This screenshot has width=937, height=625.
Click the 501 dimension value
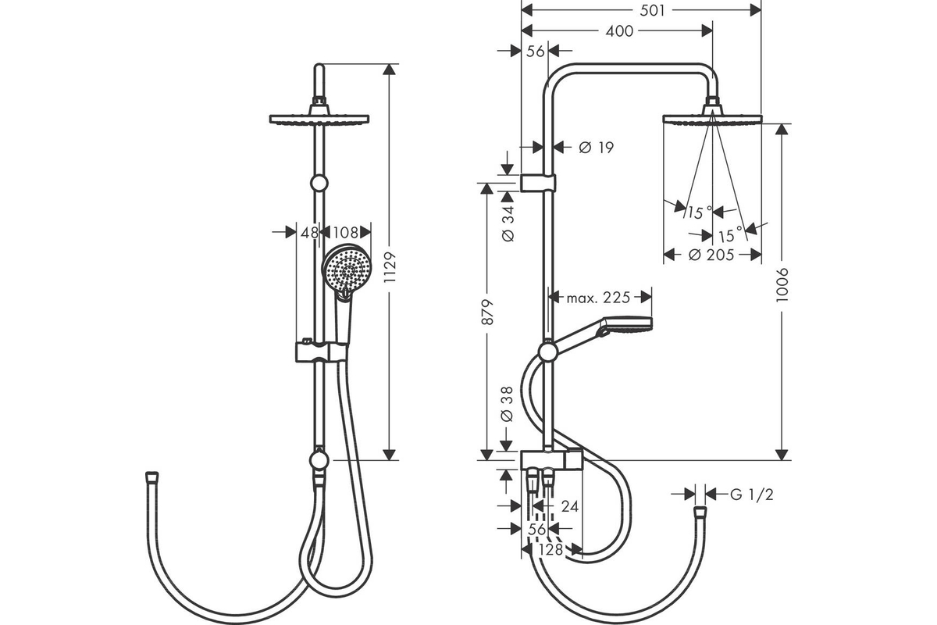pyautogui.click(x=652, y=10)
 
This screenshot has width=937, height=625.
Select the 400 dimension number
pyautogui.click(x=619, y=31)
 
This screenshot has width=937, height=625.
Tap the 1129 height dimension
pyautogui.click(x=390, y=267)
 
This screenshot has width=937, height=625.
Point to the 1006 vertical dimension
pyautogui.click(x=782, y=285)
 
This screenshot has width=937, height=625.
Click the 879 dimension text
pyautogui.click(x=487, y=312)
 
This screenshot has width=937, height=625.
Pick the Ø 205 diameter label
pyautogui.click(x=711, y=255)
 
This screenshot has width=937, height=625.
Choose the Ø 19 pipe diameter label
pyautogui.click(x=596, y=148)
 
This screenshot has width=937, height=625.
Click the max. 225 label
pyautogui.click(x=598, y=298)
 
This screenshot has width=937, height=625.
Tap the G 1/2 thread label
pyautogui.click(x=752, y=495)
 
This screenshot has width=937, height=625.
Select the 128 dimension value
pyautogui.click(x=551, y=550)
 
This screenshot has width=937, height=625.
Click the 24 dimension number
pyautogui.click(x=570, y=506)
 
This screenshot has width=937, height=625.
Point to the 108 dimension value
pyautogui.click(x=346, y=232)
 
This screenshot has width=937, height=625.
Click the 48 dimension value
pyautogui.click(x=309, y=232)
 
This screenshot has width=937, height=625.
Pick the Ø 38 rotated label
pyautogui.click(x=507, y=404)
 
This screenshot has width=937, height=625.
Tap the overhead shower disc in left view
pyautogui.click(x=319, y=120)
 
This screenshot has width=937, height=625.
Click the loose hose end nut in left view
pyautogui.click(x=151, y=477)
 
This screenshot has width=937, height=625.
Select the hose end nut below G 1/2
pyautogui.click(x=700, y=512)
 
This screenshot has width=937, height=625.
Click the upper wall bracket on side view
pyautogui.click(x=538, y=183)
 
